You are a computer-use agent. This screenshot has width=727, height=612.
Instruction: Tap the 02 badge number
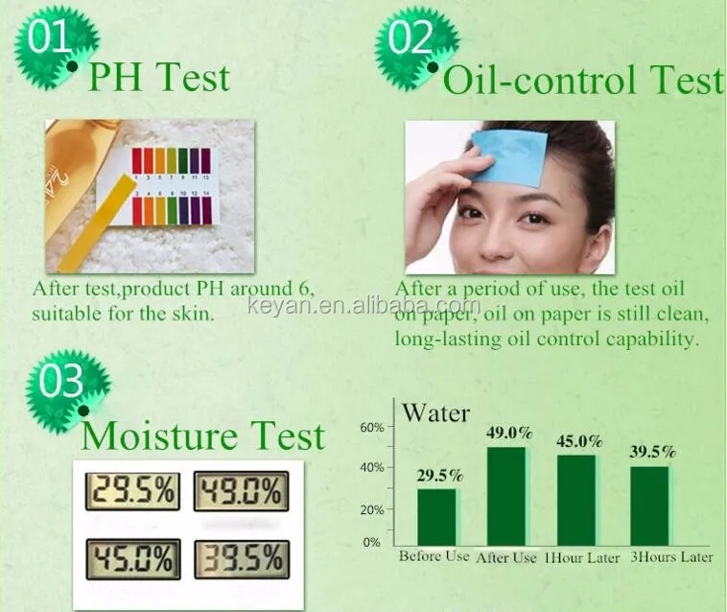click(410, 37)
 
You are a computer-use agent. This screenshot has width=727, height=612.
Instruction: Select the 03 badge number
click(60, 382)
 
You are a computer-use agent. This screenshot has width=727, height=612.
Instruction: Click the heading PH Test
click(158, 77)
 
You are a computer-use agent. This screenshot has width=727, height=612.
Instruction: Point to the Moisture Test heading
click(202, 435)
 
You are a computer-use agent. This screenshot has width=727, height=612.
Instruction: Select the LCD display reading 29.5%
click(132, 491)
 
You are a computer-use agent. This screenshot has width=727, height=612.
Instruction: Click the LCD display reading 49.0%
click(241, 491)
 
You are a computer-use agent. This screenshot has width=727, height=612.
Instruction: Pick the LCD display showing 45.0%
click(133, 559)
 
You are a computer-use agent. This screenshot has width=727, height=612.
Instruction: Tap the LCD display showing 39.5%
click(242, 559)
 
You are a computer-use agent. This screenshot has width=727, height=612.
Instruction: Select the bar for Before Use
click(436, 517)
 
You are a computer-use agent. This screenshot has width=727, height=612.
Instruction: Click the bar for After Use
click(506, 496)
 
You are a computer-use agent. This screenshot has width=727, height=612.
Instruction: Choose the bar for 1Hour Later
click(576, 501)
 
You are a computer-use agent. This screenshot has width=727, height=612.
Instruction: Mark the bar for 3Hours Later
click(649, 506)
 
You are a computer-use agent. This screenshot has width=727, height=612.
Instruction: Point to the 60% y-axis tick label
click(372, 428)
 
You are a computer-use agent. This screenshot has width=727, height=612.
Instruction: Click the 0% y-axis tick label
click(372, 542)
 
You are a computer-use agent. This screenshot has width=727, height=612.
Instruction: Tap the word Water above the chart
click(435, 412)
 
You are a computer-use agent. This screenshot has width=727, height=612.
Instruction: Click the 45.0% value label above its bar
click(579, 441)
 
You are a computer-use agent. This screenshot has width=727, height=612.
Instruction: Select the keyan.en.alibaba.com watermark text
click(364, 306)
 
